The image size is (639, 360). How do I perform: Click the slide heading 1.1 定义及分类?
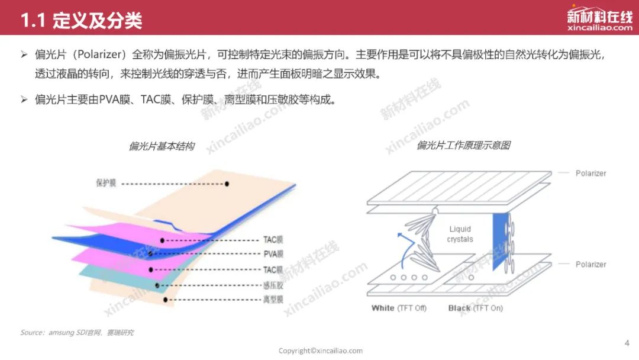[81, 20]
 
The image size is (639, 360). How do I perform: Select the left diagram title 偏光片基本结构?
[162, 146]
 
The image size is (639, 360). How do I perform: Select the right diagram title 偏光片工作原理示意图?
[464, 145]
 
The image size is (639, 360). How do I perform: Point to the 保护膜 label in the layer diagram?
[106, 182]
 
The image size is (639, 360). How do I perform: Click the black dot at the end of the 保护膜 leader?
[227, 184]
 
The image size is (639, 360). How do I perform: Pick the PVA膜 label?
[273, 254]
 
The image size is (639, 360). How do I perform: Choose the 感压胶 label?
[273, 285]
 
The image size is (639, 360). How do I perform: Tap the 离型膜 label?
[273, 300]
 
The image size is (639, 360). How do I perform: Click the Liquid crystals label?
[460, 234]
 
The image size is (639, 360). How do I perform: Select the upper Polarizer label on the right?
[590, 173]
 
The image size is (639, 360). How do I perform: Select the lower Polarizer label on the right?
[590, 264]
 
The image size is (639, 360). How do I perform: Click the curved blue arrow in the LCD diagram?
[403, 249]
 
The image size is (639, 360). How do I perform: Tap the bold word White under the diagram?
[383, 308]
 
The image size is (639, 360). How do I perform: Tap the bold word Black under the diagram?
[459, 308]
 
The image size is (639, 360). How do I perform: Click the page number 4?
[627, 343]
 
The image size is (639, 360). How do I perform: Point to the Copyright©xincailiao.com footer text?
[321, 351]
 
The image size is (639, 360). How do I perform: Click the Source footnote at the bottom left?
[77, 333]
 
